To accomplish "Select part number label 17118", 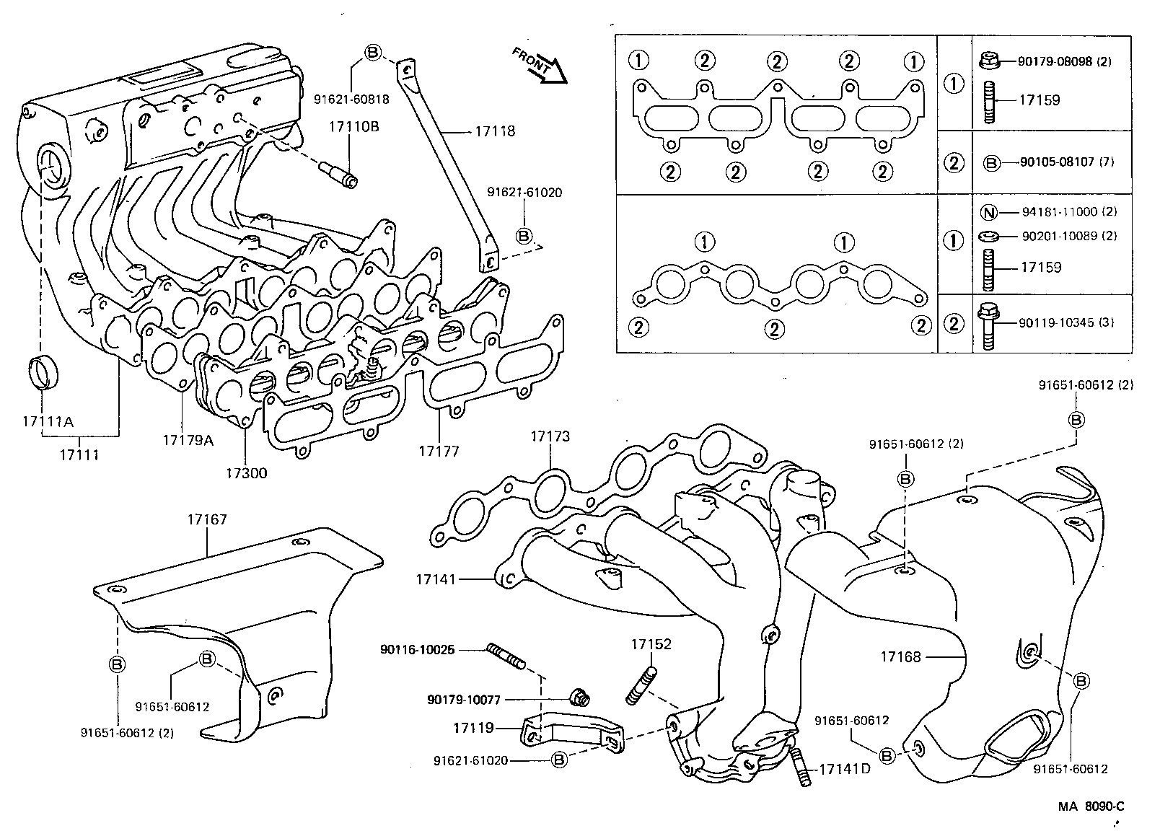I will coord(495,131).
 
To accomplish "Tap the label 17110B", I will coord(354,127).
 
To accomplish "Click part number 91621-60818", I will coord(351,100).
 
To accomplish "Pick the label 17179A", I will coord(188,439).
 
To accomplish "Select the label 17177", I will coord(439,452).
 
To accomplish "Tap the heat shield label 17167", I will coord(207,519).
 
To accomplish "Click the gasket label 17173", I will coord(550,436).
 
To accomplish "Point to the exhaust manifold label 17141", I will coord(436,579).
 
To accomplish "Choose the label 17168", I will coord(900,657).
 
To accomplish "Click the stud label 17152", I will coord(651,643).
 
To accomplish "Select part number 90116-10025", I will coord(417,649).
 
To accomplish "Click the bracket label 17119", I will coord(473,728).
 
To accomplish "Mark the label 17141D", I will coord(844,769).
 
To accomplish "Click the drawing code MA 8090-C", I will coord(1091,806).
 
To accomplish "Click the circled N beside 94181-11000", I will coord(990,212).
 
